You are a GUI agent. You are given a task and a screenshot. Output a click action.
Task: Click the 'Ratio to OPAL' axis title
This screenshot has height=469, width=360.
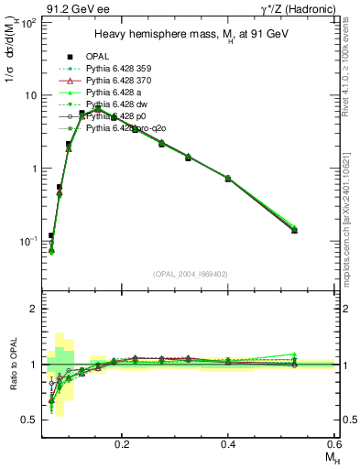click(11, 365)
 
